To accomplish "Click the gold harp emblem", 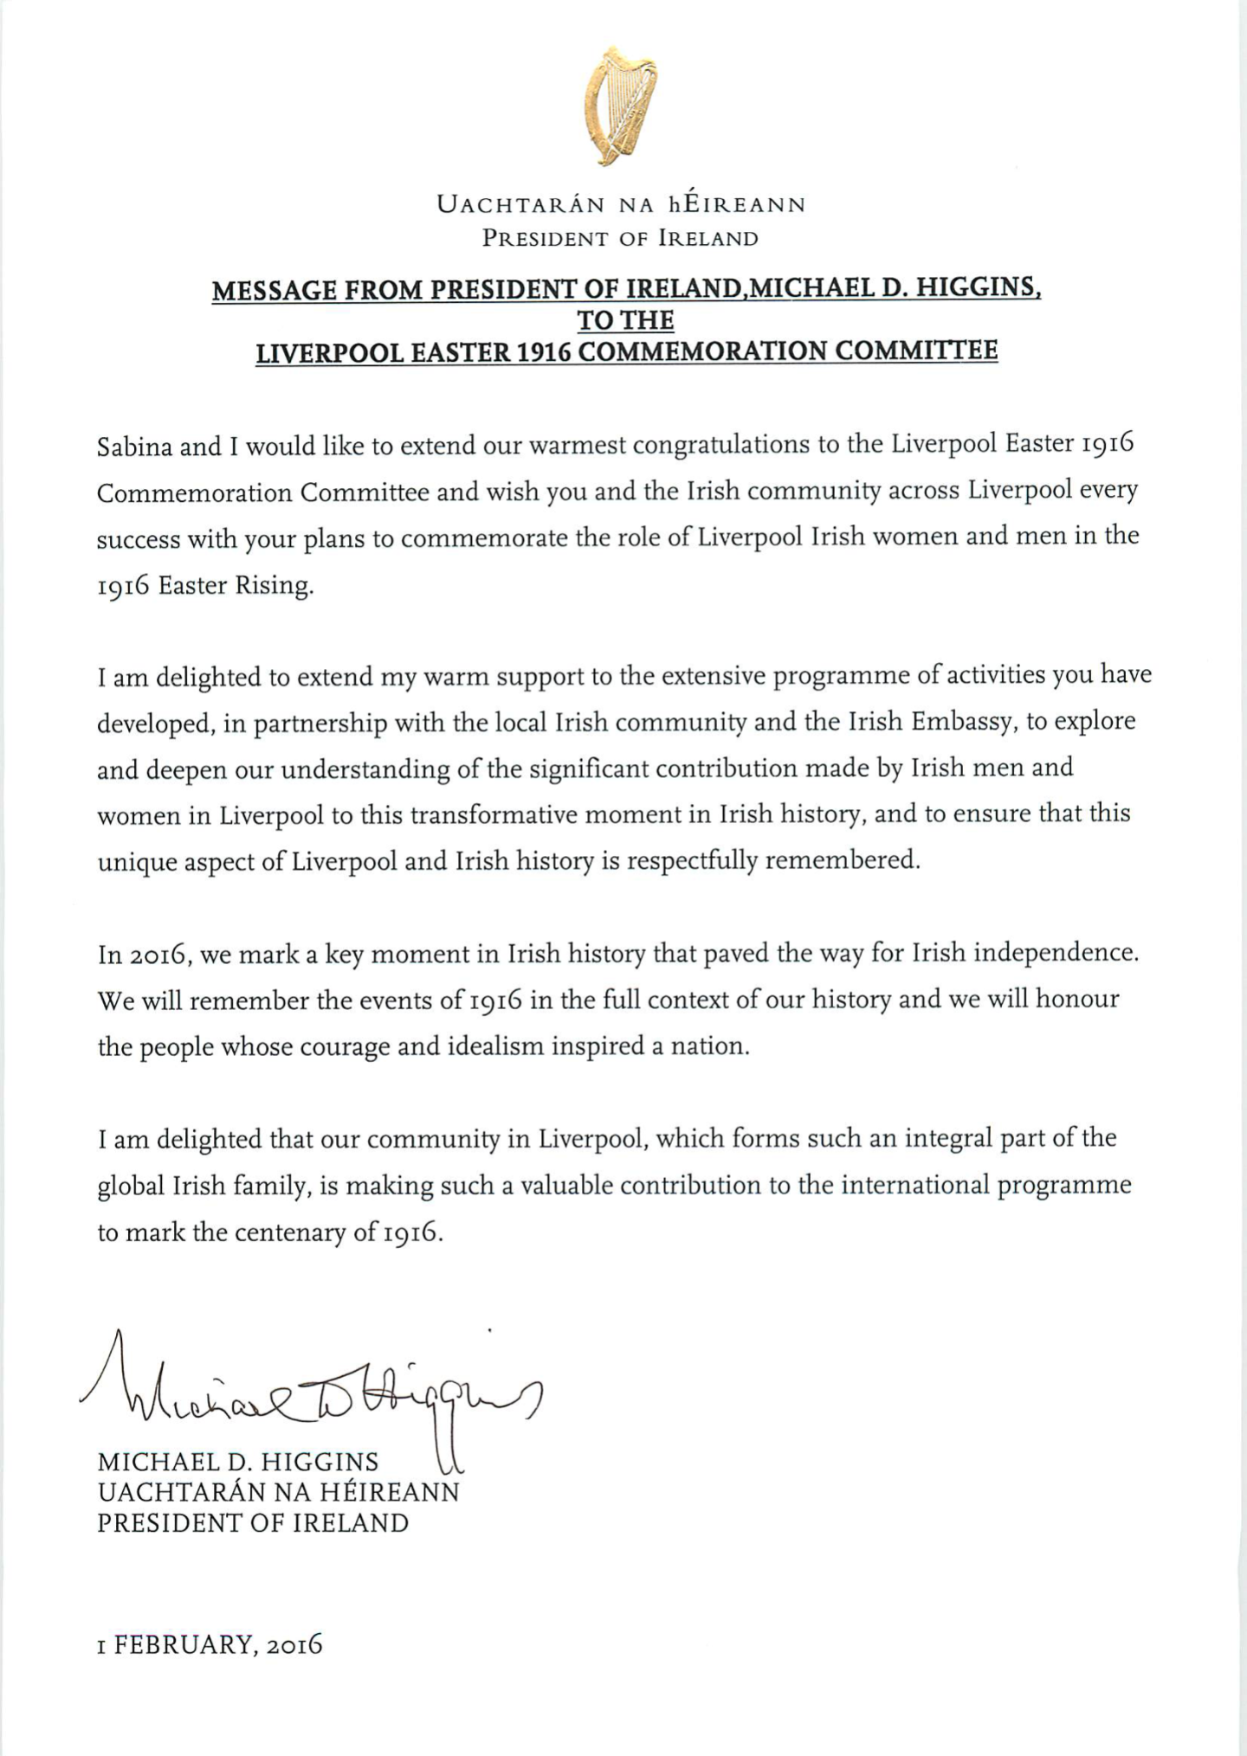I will click(619, 106).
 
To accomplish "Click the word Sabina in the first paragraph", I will click(133, 447).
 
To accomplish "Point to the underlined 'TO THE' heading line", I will click(625, 321).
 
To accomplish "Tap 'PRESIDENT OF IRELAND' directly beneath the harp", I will click(620, 239).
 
